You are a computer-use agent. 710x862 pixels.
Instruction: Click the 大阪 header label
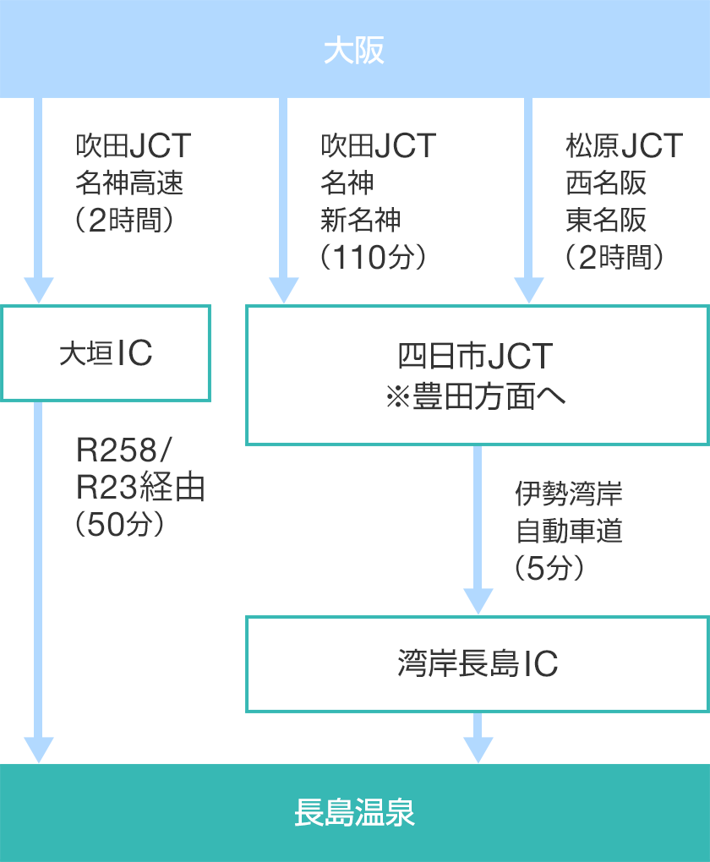354,51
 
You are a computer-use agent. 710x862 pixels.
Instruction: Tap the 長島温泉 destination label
354,812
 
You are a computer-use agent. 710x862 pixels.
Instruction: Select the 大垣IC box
106,353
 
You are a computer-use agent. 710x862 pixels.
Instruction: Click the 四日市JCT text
475,356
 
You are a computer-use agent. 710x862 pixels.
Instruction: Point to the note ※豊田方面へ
475,396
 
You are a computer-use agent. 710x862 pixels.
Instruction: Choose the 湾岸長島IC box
478,664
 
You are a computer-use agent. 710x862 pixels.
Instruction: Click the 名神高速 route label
129,183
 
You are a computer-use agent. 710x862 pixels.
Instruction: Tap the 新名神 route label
361,220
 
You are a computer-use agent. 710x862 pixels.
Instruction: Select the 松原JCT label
624,145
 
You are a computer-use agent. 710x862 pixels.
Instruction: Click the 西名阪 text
606,183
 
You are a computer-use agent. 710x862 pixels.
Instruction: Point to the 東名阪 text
606,220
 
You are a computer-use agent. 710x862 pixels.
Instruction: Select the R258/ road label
123,450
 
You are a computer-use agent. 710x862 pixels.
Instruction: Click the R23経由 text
140,487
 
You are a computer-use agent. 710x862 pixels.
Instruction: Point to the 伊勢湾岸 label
569,494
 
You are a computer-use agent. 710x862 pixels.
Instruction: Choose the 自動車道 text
569,531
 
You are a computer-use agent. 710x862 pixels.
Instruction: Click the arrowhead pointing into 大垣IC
39,290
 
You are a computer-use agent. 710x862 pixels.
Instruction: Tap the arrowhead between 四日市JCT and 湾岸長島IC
478,601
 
